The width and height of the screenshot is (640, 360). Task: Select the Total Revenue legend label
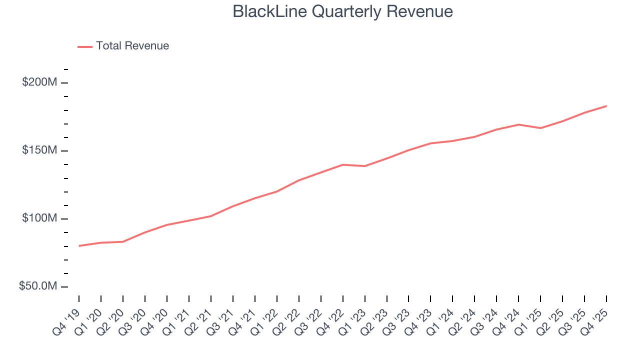tap(132, 46)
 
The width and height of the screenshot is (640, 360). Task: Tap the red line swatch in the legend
tap(85, 46)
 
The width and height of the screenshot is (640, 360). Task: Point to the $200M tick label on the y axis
tap(39, 82)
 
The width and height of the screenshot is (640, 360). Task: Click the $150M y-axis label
tap(39, 150)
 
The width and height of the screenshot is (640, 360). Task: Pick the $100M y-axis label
tap(39, 218)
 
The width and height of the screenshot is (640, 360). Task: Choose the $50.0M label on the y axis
tap(37, 286)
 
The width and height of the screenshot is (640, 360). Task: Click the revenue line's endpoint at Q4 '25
tap(606, 106)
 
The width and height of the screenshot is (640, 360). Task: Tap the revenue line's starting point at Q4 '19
tap(79, 245)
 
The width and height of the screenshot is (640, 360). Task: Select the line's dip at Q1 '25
tap(540, 128)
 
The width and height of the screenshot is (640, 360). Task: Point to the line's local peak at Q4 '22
tap(343, 164)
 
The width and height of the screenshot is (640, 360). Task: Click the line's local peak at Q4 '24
tap(518, 124)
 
